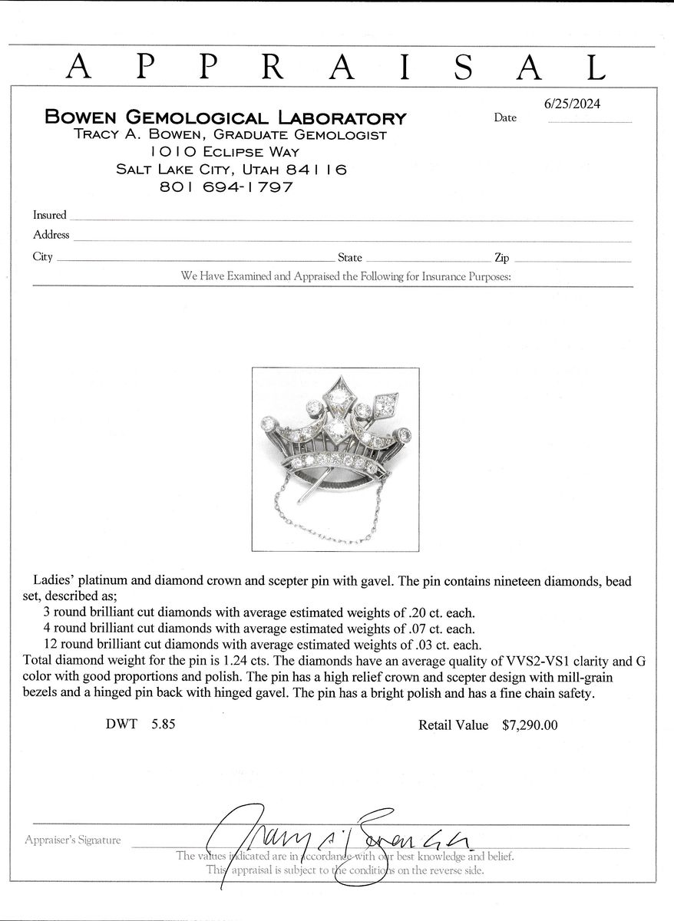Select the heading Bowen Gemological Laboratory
click(225, 117)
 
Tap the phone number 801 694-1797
click(226, 187)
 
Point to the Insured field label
click(50, 215)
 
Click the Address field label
click(51, 235)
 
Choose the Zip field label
click(501, 259)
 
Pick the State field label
click(350, 259)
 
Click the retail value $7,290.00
click(530, 725)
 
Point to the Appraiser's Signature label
click(73, 840)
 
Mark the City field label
click(43, 256)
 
